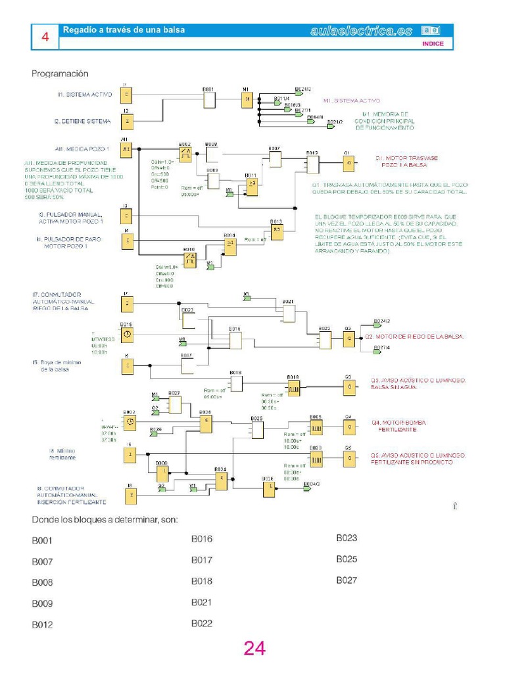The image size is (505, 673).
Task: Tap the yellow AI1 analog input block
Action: tap(126, 150)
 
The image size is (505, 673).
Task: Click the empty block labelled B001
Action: tap(209, 99)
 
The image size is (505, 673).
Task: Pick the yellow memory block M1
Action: tap(246, 99)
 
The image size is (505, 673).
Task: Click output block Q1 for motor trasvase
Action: tap(349, 162)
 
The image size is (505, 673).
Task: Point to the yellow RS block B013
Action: tap(277, 231)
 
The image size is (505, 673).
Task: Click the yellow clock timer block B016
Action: tap(127, 335)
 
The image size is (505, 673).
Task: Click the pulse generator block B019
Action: tap(293, 387)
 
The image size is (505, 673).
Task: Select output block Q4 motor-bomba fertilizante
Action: tap(349, 427)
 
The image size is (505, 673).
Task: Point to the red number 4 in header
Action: tap(45, 38)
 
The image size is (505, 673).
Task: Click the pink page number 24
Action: tap(254, 649)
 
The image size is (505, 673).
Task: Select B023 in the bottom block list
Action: tap(347, 538)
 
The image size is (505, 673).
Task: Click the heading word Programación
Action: tap(60, 74)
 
